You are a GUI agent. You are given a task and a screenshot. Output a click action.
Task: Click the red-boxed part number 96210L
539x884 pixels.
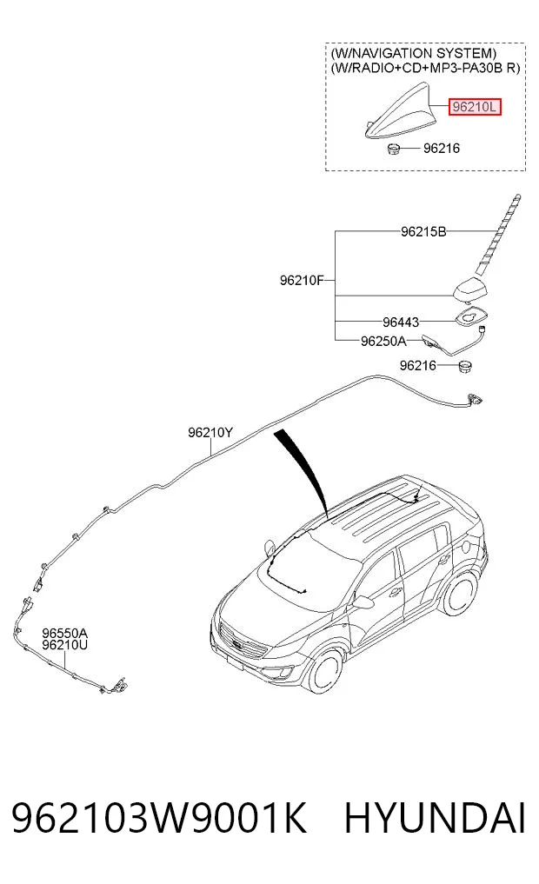[x=474, y=106]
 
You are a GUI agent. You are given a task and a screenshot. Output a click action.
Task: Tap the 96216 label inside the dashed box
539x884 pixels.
[x=442, y=149]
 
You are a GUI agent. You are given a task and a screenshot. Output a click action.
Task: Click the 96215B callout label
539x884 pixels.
[x=423, y=231]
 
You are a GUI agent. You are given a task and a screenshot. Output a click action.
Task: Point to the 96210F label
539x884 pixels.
[x=303, y=280]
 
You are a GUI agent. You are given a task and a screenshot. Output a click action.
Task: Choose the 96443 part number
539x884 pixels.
[x=401, y=322]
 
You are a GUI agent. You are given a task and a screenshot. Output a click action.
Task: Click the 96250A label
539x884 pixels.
[x=383, y=341]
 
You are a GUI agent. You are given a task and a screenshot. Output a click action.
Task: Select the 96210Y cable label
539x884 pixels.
[x=210, y=432]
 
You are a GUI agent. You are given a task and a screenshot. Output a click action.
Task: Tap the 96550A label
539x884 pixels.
[x=64, y=633]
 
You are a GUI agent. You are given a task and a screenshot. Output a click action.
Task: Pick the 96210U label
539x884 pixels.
[x=64, y=645]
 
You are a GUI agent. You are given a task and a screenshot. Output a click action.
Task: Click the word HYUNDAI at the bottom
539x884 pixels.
[x=435, y=819]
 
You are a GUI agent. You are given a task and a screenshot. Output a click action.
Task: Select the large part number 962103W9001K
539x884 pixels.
[x=160, y=819]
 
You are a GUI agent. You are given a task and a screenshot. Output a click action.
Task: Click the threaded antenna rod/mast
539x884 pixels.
[x=499, y=235]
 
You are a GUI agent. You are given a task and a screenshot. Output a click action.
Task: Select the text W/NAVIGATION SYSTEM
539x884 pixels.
[x=414, y=54]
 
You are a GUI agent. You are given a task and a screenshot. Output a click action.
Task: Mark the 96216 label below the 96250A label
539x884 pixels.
[x=418, y=365]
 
